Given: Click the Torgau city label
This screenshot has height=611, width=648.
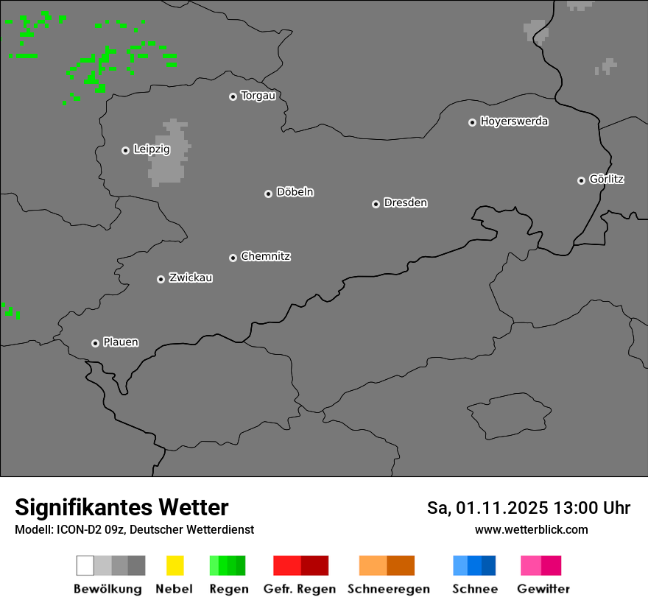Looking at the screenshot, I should pos(258,96).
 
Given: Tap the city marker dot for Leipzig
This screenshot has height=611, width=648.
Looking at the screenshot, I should pos(125,150).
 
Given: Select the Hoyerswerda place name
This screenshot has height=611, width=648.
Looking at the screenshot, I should pos(514,121).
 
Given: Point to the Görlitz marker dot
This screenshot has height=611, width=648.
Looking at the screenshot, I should pos(581,180).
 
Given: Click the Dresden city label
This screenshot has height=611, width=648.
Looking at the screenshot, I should pos(405,202).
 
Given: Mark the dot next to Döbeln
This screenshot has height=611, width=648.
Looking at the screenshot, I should pos(268,194).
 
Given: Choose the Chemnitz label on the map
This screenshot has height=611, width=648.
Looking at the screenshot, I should pos(265,256).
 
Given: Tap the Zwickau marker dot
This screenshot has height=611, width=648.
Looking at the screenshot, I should pos(161,279).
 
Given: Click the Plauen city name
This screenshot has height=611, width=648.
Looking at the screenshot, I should pos(121,342).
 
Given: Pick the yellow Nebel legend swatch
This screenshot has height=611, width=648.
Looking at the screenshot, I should pos(175,565).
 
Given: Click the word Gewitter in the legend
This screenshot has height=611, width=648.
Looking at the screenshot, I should pos(543,589).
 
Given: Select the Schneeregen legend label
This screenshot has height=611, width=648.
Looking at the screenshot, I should pos(389,589).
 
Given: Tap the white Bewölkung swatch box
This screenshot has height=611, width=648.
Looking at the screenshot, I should pos(85,565).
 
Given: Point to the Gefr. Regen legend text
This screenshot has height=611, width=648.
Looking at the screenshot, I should pos(300,589).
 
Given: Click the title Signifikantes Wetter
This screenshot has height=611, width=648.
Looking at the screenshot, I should pos(121,508).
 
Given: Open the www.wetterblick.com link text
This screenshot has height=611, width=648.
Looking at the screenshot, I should pos(531,529).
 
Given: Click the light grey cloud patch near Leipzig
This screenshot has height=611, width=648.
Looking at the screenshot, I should pos(169,155).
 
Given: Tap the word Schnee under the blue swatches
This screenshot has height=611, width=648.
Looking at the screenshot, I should pos(475,589).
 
